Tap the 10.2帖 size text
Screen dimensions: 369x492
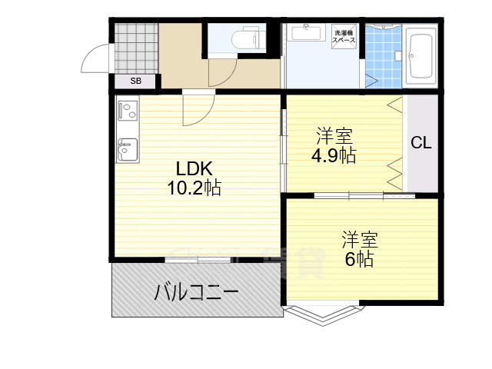pos(194,188)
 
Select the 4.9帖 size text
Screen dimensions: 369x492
pos(333,155)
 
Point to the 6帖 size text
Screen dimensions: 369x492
pos(358,259)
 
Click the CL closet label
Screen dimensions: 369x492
pos(421,142)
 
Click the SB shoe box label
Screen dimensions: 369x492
pos(135,81)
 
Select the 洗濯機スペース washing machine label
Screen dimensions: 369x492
pos(344,35)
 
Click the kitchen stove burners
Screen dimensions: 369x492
pos(128,111)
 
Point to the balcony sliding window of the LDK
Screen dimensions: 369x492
pos(198,260)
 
